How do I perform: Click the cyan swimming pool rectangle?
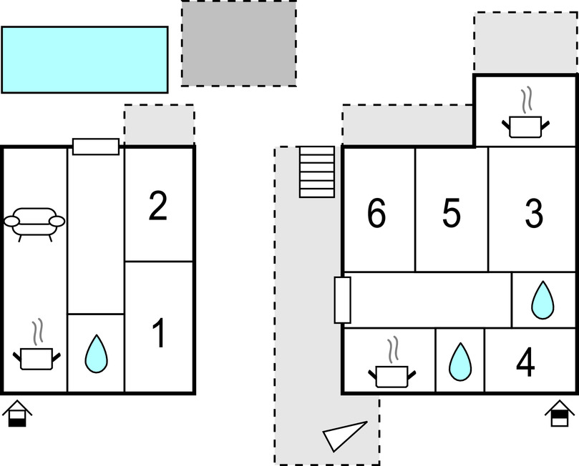[84, 59]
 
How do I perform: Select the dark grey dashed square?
[238, 44]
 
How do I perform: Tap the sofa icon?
[34, 222]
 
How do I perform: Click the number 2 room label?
[158, 207]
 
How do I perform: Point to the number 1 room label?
[159, 334]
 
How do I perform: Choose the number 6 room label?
[376, 214]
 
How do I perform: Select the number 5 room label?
[451, 214]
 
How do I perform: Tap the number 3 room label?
[534, 214]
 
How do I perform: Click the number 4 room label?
[525, 365]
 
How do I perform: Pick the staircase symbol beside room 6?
[316, 172]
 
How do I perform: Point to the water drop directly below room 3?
[542, 300]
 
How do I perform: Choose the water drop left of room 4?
[459, 362]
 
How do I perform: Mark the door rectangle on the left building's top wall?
[96, 147]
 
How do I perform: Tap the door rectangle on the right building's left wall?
[343, 300]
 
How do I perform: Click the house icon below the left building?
[18, 415]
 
